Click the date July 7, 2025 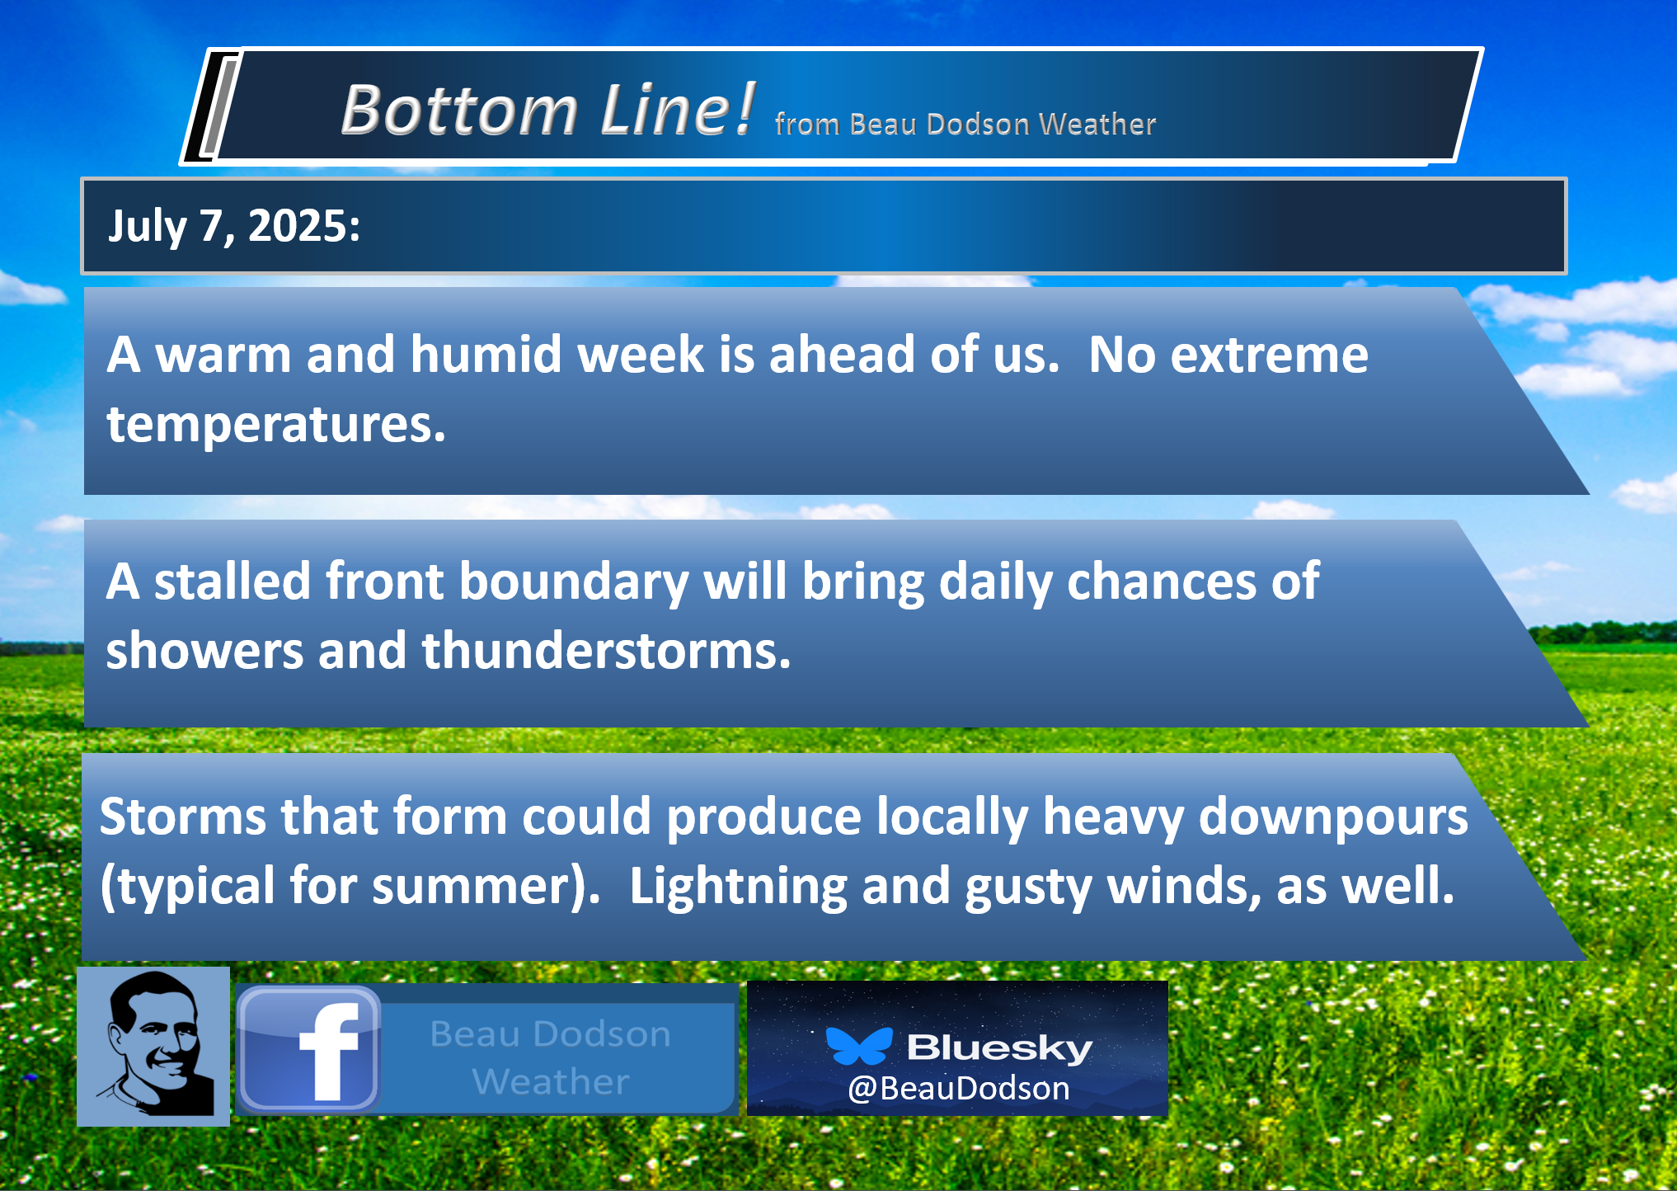click(x=234, y=226)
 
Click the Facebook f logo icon click(x=309, y=1049)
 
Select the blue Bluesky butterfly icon click(x=859, y=1046)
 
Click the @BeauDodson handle click(x=958, y=1088)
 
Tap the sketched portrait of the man click(x=153, y=1046)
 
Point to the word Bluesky click(x=999, y=1047)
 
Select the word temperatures click(x=276, y=424)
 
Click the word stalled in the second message click(x=233, y=581)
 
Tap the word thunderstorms click(x=606, y=650)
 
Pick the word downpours click(x=1332, y=817)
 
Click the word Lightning click(x=738, y=886)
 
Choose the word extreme click(x=1269, y=355)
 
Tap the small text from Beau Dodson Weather click(x=965, y=124)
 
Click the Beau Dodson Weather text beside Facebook click(x=551, y=1057)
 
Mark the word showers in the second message click(x=204, y=650)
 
